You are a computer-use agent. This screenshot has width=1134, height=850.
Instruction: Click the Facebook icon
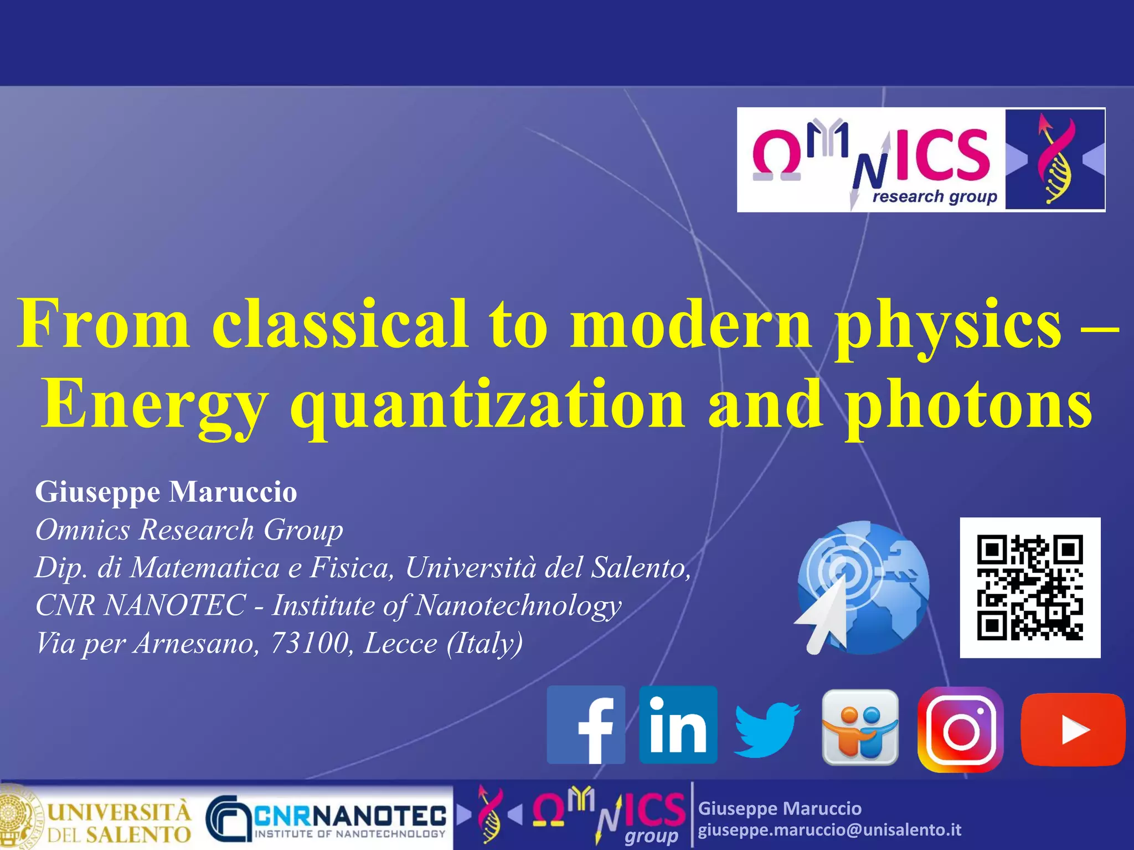(586, 725)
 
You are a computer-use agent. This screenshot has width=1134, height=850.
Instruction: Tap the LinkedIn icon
(678, 725)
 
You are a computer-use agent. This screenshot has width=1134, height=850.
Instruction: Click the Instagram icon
(961, 729)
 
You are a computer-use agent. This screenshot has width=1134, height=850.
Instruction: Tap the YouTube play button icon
(1073, 729)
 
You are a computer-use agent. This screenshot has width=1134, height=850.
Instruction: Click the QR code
(1030, 588)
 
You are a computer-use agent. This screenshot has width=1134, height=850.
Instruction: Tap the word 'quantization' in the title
(487, 405)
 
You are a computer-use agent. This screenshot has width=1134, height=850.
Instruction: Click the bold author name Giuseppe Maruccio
(166, 491)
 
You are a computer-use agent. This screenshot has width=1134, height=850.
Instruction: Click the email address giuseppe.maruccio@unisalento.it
(829, 830)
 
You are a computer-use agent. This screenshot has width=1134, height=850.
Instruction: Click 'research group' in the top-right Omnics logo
(935, 196)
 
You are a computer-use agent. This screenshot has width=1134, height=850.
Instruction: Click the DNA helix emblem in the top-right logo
(1055, 159)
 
